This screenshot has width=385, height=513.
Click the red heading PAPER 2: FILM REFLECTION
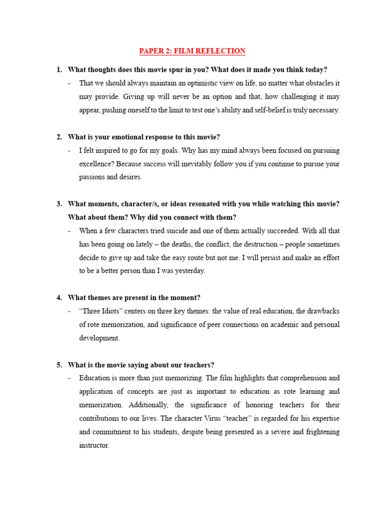pos(192,51)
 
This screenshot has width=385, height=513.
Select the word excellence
pos(97,164)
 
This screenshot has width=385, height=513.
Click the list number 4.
pos(59,298)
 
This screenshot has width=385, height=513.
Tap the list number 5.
pos(59,365)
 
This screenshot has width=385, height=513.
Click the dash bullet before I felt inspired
pos(69,150)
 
